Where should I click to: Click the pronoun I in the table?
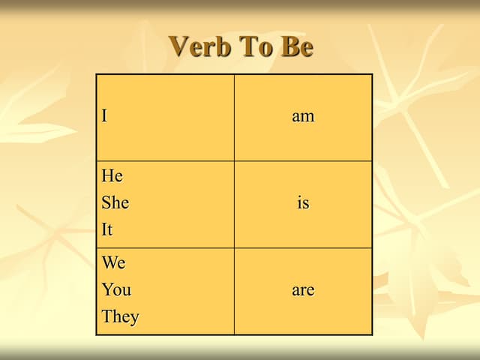point(105,116)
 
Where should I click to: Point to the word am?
point(303,116)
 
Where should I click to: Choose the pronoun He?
point(112,176)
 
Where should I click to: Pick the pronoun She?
point(115,202)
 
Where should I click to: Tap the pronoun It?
point(107,229)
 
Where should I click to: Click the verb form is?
point(303,202)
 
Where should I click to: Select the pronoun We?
point(114,263)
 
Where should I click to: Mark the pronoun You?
point(116,289)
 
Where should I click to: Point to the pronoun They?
point(121,316)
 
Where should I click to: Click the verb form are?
point(303,289)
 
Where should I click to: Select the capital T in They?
point(107,316)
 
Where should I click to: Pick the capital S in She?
point(106,202)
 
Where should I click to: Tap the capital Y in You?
point(107,289)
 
